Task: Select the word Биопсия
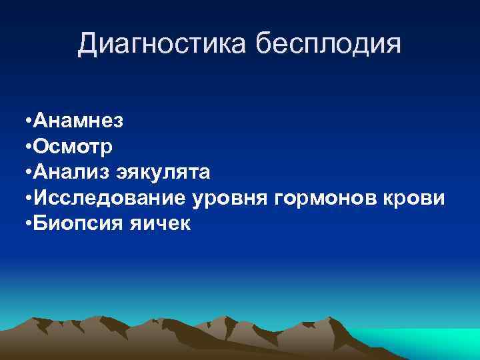[x=74, y=224]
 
